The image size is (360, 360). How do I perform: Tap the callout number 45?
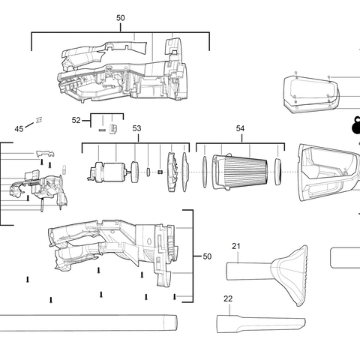19,129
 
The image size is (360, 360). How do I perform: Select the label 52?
76,120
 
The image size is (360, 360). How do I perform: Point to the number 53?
136,128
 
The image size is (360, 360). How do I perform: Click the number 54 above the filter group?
240,128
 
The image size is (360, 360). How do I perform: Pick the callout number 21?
235,247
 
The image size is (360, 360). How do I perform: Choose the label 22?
228,298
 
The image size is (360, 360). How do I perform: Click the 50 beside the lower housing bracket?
207,256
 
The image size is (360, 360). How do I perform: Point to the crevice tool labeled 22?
259,324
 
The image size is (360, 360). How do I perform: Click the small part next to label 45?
38,120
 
